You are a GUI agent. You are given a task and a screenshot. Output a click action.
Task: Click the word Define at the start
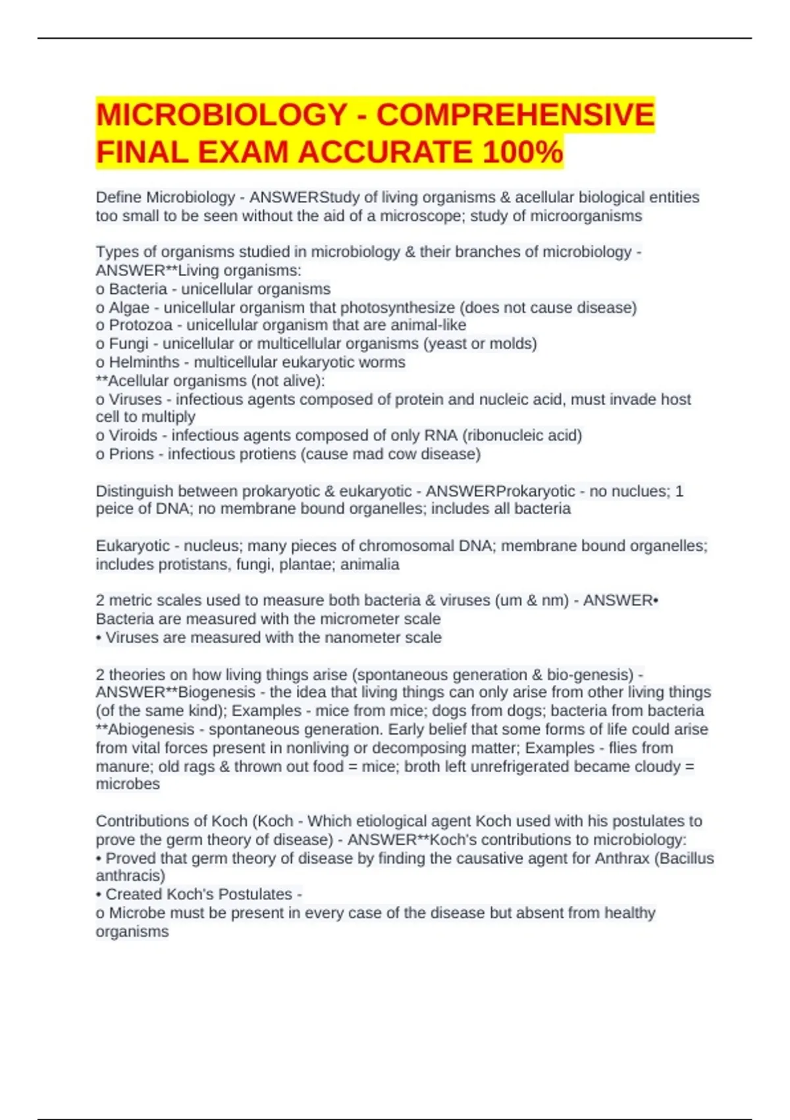point(118,198)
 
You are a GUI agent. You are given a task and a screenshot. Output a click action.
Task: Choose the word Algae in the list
point(129,308)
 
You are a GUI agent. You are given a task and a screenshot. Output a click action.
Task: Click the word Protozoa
point(140,325)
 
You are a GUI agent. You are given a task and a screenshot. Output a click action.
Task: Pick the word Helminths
point(144,362)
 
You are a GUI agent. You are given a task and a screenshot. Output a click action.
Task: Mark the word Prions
point(131,454)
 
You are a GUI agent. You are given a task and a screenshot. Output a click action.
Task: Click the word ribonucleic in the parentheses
point(503,435)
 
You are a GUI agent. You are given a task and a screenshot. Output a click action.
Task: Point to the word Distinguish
point(134,491)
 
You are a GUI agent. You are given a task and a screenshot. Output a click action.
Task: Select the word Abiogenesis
point(151,729)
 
